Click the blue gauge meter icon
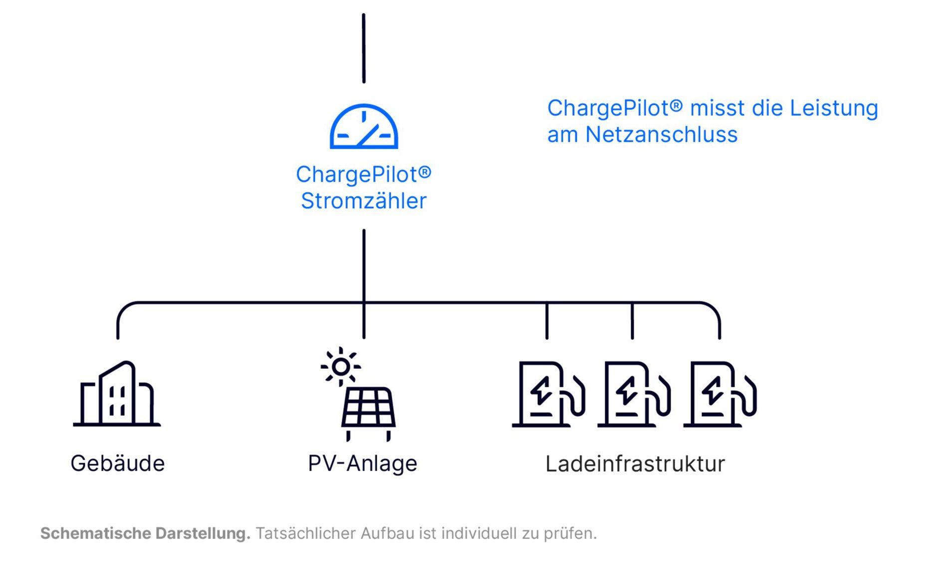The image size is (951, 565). [x=363, y=127]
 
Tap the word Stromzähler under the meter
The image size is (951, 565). [x=363, y=201]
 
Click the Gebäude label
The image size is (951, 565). [x=118, y=463]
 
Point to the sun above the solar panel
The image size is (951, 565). [x=341, y=367]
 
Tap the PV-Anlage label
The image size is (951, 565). [x=363, y=463]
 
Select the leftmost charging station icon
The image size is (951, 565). [x=548, y=394]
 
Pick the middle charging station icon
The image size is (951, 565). [x=633, y=394]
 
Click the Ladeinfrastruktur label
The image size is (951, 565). [x=635, y=464]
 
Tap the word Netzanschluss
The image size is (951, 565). [x=661, y=135]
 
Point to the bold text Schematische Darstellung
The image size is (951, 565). [x=145, y=533]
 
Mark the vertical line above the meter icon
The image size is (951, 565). [x=364, y=48]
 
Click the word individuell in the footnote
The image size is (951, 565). [x=479, y=533]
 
